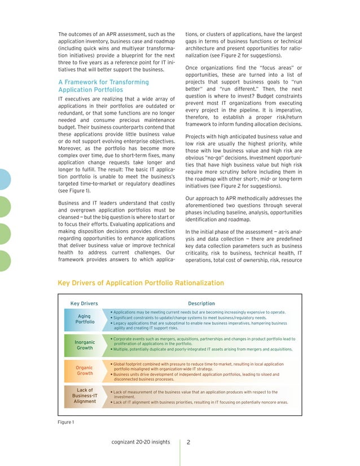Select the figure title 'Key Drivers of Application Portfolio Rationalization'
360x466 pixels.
(141, 283)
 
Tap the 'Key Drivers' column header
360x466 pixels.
(84, 304)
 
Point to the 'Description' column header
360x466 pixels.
(201, 304)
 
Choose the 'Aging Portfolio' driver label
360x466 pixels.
(85, 319)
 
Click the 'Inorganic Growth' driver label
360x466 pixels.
(85, 345)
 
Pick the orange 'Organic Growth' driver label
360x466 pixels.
(85, 370)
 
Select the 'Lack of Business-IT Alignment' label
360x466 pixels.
(85, 395)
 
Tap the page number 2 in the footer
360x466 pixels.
(189, 442)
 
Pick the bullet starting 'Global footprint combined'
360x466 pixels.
(197, 367)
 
